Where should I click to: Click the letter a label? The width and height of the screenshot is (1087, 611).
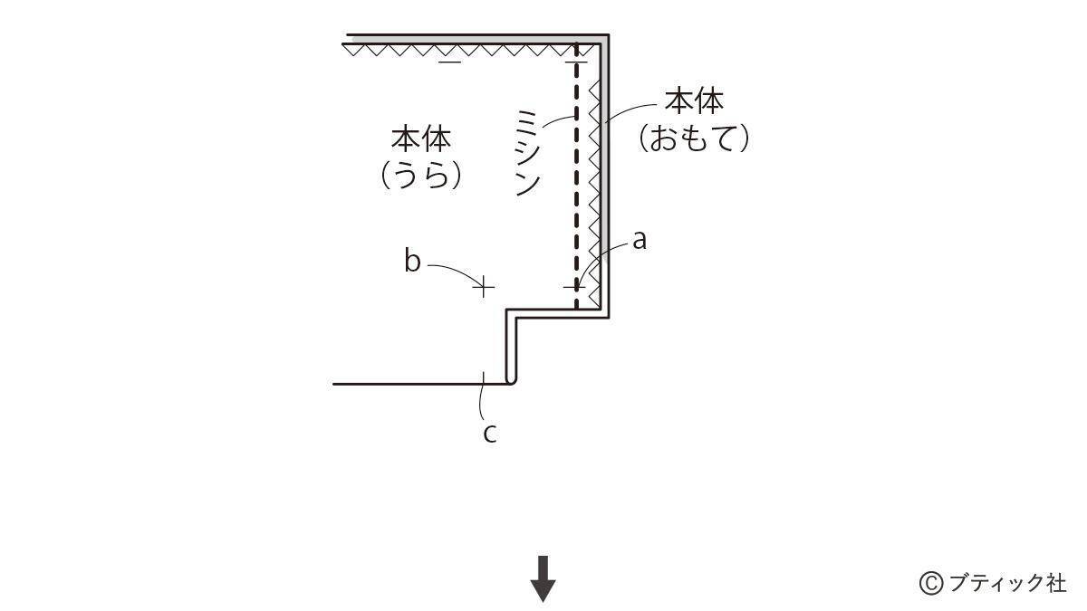(x=640, y=241)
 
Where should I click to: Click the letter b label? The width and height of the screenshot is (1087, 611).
(x=412, y=262)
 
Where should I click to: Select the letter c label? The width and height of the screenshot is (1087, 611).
(x=489, y=433)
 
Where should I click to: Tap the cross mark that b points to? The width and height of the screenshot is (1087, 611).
(x=485, y=288)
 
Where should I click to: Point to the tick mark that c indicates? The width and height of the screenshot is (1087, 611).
(x=485, y=377)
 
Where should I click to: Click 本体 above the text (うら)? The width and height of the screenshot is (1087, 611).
(x=421, y=139)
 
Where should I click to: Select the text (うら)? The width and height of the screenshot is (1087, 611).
(x=421, y=173)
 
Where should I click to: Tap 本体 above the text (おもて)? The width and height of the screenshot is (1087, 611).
(x=695, y=100)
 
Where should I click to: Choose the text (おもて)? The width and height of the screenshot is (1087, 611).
(x=695, y=138)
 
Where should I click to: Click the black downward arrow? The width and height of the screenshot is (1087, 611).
(x=543, y=579)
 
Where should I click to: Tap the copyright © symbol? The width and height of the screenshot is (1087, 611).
(x=930, y=582)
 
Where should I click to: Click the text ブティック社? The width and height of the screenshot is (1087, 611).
(x=1006, y=582)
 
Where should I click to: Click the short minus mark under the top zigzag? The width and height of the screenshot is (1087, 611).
(x=449, y=62)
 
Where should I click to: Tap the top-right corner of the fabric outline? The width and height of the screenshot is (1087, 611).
(x=607, y=36)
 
